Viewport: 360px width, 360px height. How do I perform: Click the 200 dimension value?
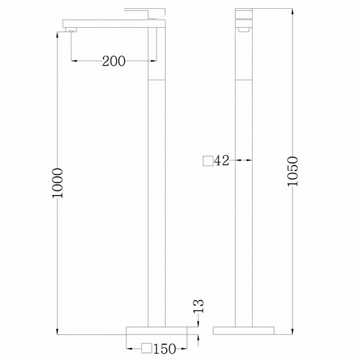pos(114,61)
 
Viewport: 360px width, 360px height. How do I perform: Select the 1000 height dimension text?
pos(58,184)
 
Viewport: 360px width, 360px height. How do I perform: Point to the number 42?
pos(221,160)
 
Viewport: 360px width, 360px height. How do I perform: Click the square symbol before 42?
pos(208,160)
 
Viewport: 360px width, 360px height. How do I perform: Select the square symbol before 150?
pos(146,348)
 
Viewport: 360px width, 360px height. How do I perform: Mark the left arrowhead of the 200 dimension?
pos(73,61)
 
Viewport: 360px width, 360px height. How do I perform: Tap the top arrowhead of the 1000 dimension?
pos(57,31)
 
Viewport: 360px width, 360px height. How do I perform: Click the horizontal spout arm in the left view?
pos(114,25)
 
